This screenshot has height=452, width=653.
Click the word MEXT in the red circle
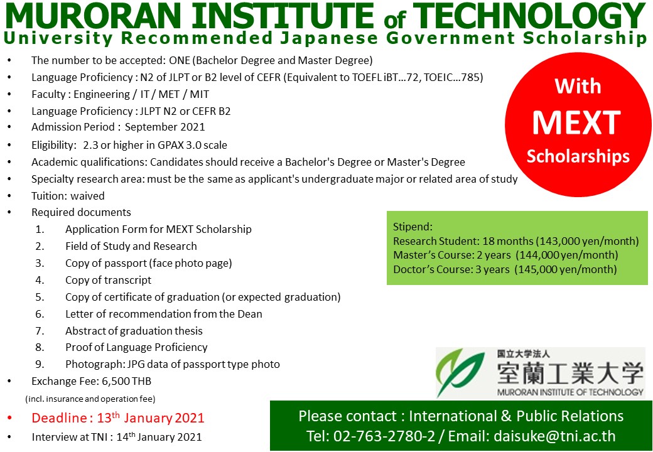pyautogui.click(x=577, y=123)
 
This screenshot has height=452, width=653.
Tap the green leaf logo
pyautogui.click(x=460, y=372)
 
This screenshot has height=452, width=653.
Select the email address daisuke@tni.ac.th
pyautogui.click(x=554, y=436)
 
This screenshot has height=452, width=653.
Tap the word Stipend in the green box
pyautogui.click(x=413, y=227)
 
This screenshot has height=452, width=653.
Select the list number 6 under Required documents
pyautogui.click(x=40, y=314)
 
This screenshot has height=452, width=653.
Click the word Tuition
pyautogui.click(x=49, y=196)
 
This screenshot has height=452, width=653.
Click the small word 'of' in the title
pyautogui.click(x=395, y=19)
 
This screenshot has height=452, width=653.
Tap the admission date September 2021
pyautogui.click(x=165, y=127)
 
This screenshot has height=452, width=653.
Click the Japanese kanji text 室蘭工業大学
pyautogui.click(x=570, y=373)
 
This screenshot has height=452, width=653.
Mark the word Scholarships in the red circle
pyautogui.click(x=578, y=157)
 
